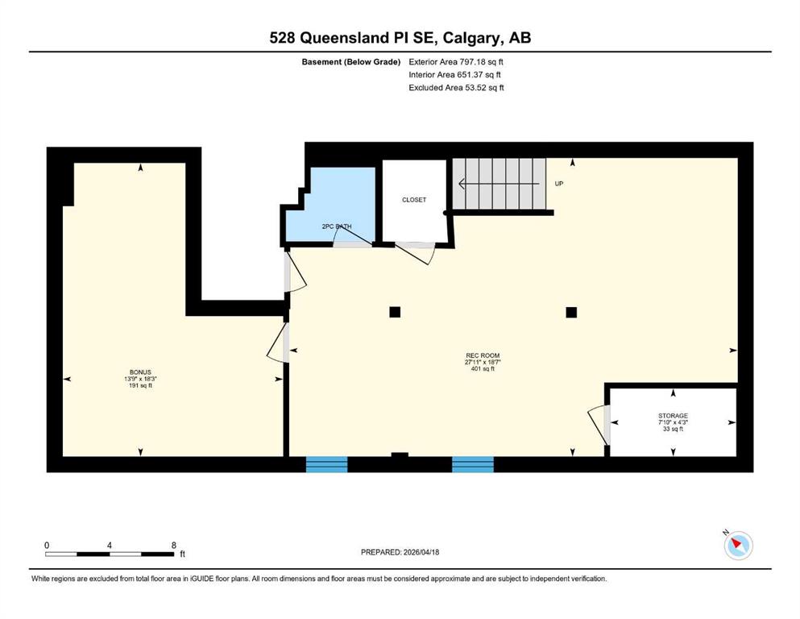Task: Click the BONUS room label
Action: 140,372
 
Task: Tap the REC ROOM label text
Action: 483,355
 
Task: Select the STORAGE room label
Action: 673,416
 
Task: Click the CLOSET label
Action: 414,200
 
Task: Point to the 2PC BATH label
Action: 337,226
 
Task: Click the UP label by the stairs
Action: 559,184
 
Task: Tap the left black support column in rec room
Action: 395,312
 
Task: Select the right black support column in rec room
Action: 571,312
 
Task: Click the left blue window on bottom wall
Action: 326,464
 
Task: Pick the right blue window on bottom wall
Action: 473,464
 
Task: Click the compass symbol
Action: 738,545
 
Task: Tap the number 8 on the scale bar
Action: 174,545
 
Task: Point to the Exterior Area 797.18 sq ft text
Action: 456,62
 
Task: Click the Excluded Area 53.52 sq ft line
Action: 456,88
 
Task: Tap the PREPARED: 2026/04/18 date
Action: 400,552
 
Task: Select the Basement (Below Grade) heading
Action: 351,62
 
